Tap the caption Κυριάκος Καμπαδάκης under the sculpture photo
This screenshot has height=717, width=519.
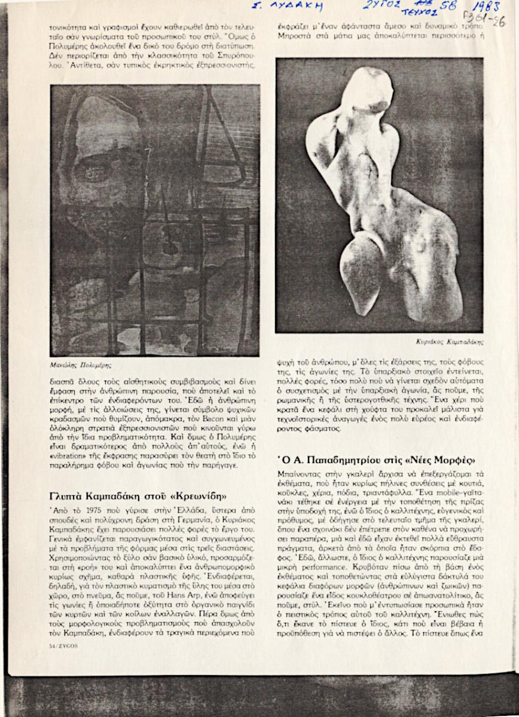pos(450,342)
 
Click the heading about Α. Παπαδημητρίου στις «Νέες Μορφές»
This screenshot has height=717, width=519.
pos(376,461)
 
